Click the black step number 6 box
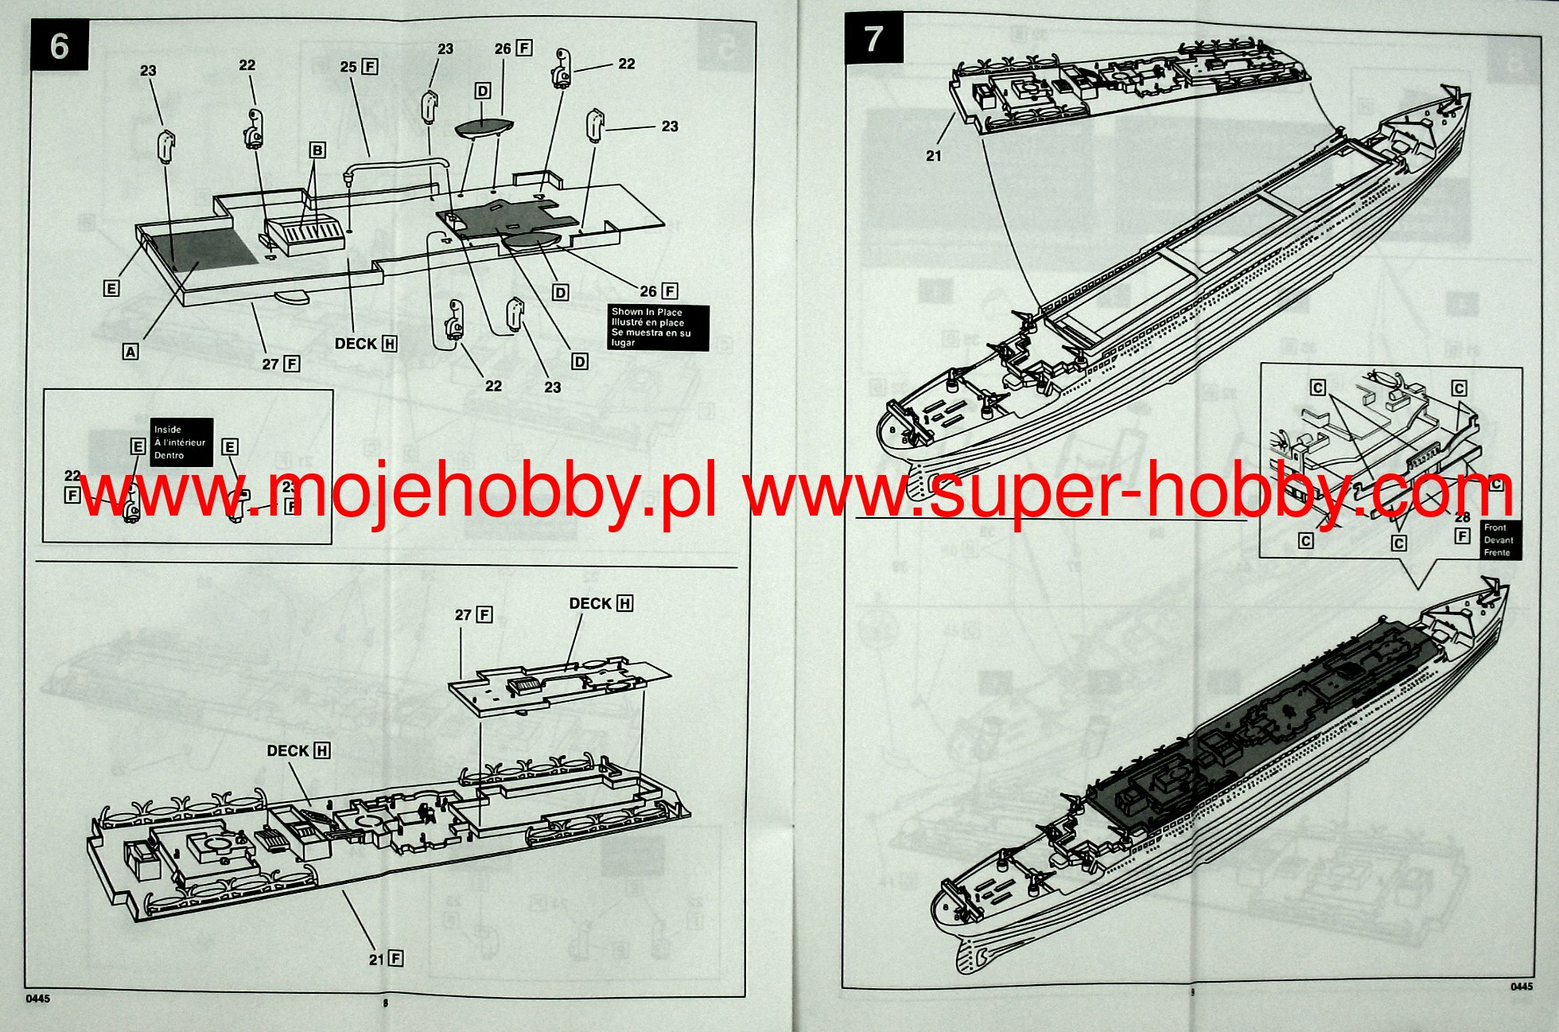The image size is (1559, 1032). click(60, 47)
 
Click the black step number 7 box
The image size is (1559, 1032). click(873, 38)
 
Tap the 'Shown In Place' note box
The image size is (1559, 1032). click(657, 327)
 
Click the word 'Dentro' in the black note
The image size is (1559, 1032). click(169, 456)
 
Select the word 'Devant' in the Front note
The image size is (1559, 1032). click(1498, 540)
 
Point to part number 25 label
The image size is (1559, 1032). click(348, 68)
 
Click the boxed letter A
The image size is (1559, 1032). click(131, 351)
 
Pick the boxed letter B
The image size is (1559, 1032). click(317, 150)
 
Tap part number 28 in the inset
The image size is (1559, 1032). click(1462, 518)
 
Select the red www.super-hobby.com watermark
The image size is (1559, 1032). click(1129, 493)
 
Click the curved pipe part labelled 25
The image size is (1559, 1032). click(398, 163)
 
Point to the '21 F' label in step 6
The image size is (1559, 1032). click(385, 960)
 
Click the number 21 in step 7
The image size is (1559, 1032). click(934, 156)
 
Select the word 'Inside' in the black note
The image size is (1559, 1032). click(168, 430)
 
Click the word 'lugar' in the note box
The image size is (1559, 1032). click(623, 343)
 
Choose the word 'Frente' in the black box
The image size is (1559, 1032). click(1497, 552)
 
